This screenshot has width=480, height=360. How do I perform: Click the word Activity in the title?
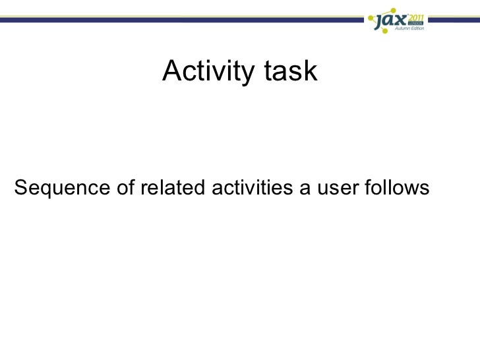[x=208, y=71]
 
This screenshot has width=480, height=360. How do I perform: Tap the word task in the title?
[x=291, y=71]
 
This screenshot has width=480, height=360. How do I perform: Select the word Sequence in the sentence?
[x=62, y=188]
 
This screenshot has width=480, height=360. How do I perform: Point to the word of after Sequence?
[x=125, y=187]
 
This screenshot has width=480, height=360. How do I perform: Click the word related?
[x=173, y=187]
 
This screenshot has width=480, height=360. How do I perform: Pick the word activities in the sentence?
[x=253, y=187]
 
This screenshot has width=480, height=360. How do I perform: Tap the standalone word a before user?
[x=305, y=189]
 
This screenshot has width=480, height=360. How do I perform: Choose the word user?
[x=338, y=189]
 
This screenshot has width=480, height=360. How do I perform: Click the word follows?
[x=397, y=187]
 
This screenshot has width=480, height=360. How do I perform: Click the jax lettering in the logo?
[x=390, y=21]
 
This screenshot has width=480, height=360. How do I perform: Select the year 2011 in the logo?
[x=415, y=17]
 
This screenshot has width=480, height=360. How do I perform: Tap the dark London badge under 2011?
[x=415, y=23]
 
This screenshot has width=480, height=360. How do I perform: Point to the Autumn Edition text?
[x=409, y=28]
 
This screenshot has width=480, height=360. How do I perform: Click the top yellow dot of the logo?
[x=394, y=10]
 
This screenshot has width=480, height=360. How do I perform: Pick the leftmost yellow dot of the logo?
[x=371, y=18]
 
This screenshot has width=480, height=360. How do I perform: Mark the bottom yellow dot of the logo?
[x=385, y=31]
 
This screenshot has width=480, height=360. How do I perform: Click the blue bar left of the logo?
[x=182, y=20]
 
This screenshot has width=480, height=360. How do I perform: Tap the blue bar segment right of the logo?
[x=454, y=20]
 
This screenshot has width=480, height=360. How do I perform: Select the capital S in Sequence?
[x=20, y=187]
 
